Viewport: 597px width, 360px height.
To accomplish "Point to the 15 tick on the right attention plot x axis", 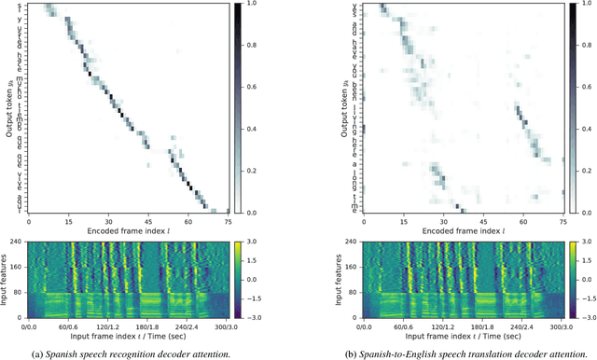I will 404,221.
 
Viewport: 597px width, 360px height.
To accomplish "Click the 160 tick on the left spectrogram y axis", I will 19,269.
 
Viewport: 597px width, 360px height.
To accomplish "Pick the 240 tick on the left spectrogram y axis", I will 19,243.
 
